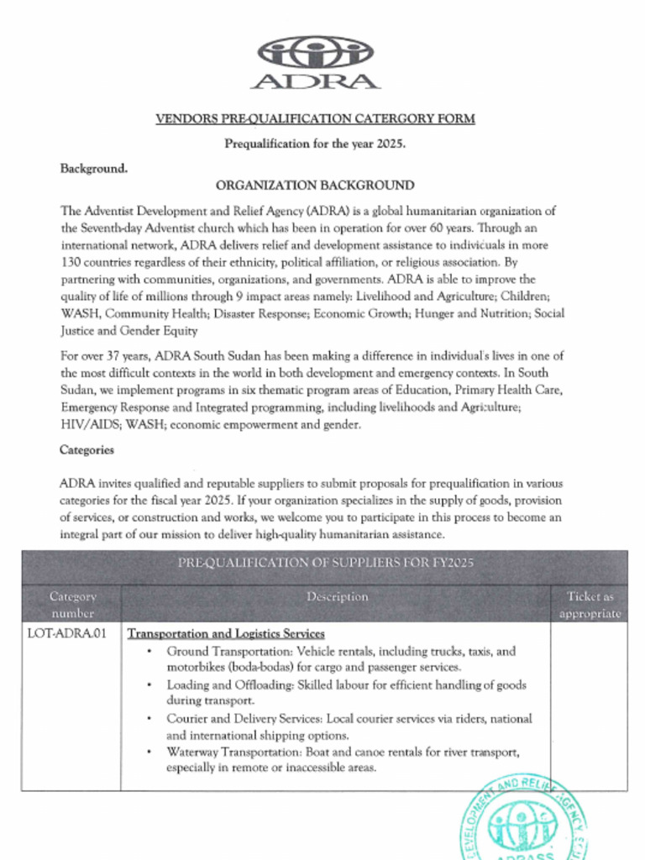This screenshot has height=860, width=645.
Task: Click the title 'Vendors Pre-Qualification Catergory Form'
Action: [315, 118]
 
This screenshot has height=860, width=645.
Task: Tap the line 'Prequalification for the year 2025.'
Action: [315, 144]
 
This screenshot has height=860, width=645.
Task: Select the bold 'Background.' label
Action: [94, 169]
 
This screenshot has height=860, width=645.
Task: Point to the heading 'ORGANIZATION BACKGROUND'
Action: [315, 186]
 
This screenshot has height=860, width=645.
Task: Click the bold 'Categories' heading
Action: [87, 450]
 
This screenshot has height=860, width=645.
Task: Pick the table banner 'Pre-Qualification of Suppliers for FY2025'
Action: [325, 563]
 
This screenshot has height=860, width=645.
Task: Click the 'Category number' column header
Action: [73, 605]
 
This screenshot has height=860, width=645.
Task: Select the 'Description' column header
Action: [337, 597]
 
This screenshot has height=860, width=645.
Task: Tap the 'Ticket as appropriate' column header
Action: [590, 605]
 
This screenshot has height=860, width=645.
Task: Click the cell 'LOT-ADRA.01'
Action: [67, 634]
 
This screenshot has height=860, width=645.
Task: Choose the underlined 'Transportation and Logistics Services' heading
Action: [226, 634]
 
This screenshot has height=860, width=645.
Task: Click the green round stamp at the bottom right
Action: [522, 819]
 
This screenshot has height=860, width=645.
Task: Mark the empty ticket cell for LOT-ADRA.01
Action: [589, 705]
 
